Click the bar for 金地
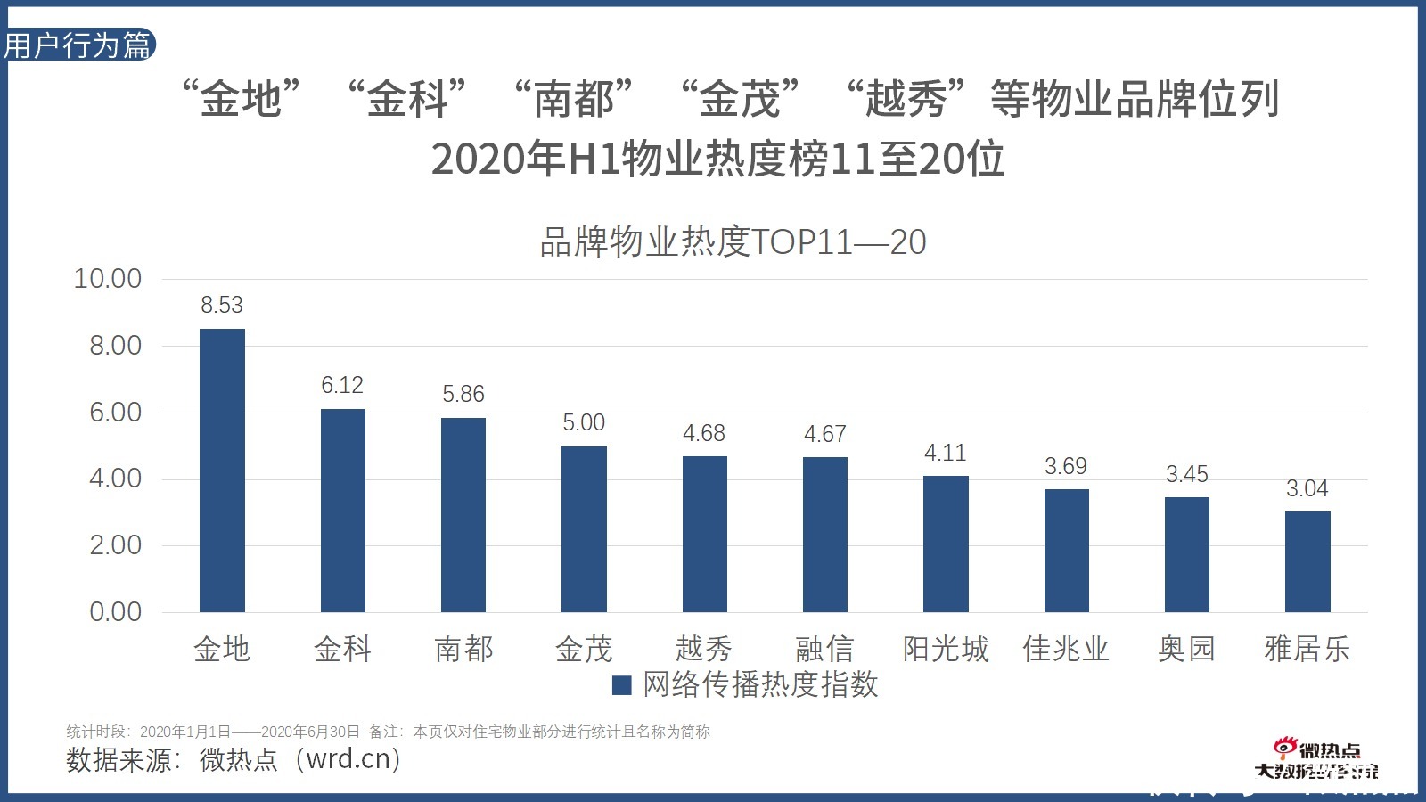pos(222,471)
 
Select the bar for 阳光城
pos(946,544)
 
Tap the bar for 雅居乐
pos(1307,561)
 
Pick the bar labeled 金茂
pos(584,529)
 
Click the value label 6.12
pos(342,385)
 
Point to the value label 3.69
pos(1066,466)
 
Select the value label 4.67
pos(825,434)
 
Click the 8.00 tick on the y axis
pos(115,346)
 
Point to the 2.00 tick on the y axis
pos(115,545)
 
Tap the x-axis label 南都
pos(463,649)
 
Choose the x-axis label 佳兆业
pos(1066,649)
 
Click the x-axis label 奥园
pos(1186,649)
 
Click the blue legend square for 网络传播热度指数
pos(622,685)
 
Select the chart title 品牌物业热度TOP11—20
pos(733,242)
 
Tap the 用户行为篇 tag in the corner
pos(78,45)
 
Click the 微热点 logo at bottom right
pos(1316,760)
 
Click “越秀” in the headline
pos(906,98)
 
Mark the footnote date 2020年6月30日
pos(310,732)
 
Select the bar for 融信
pos(825,535)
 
